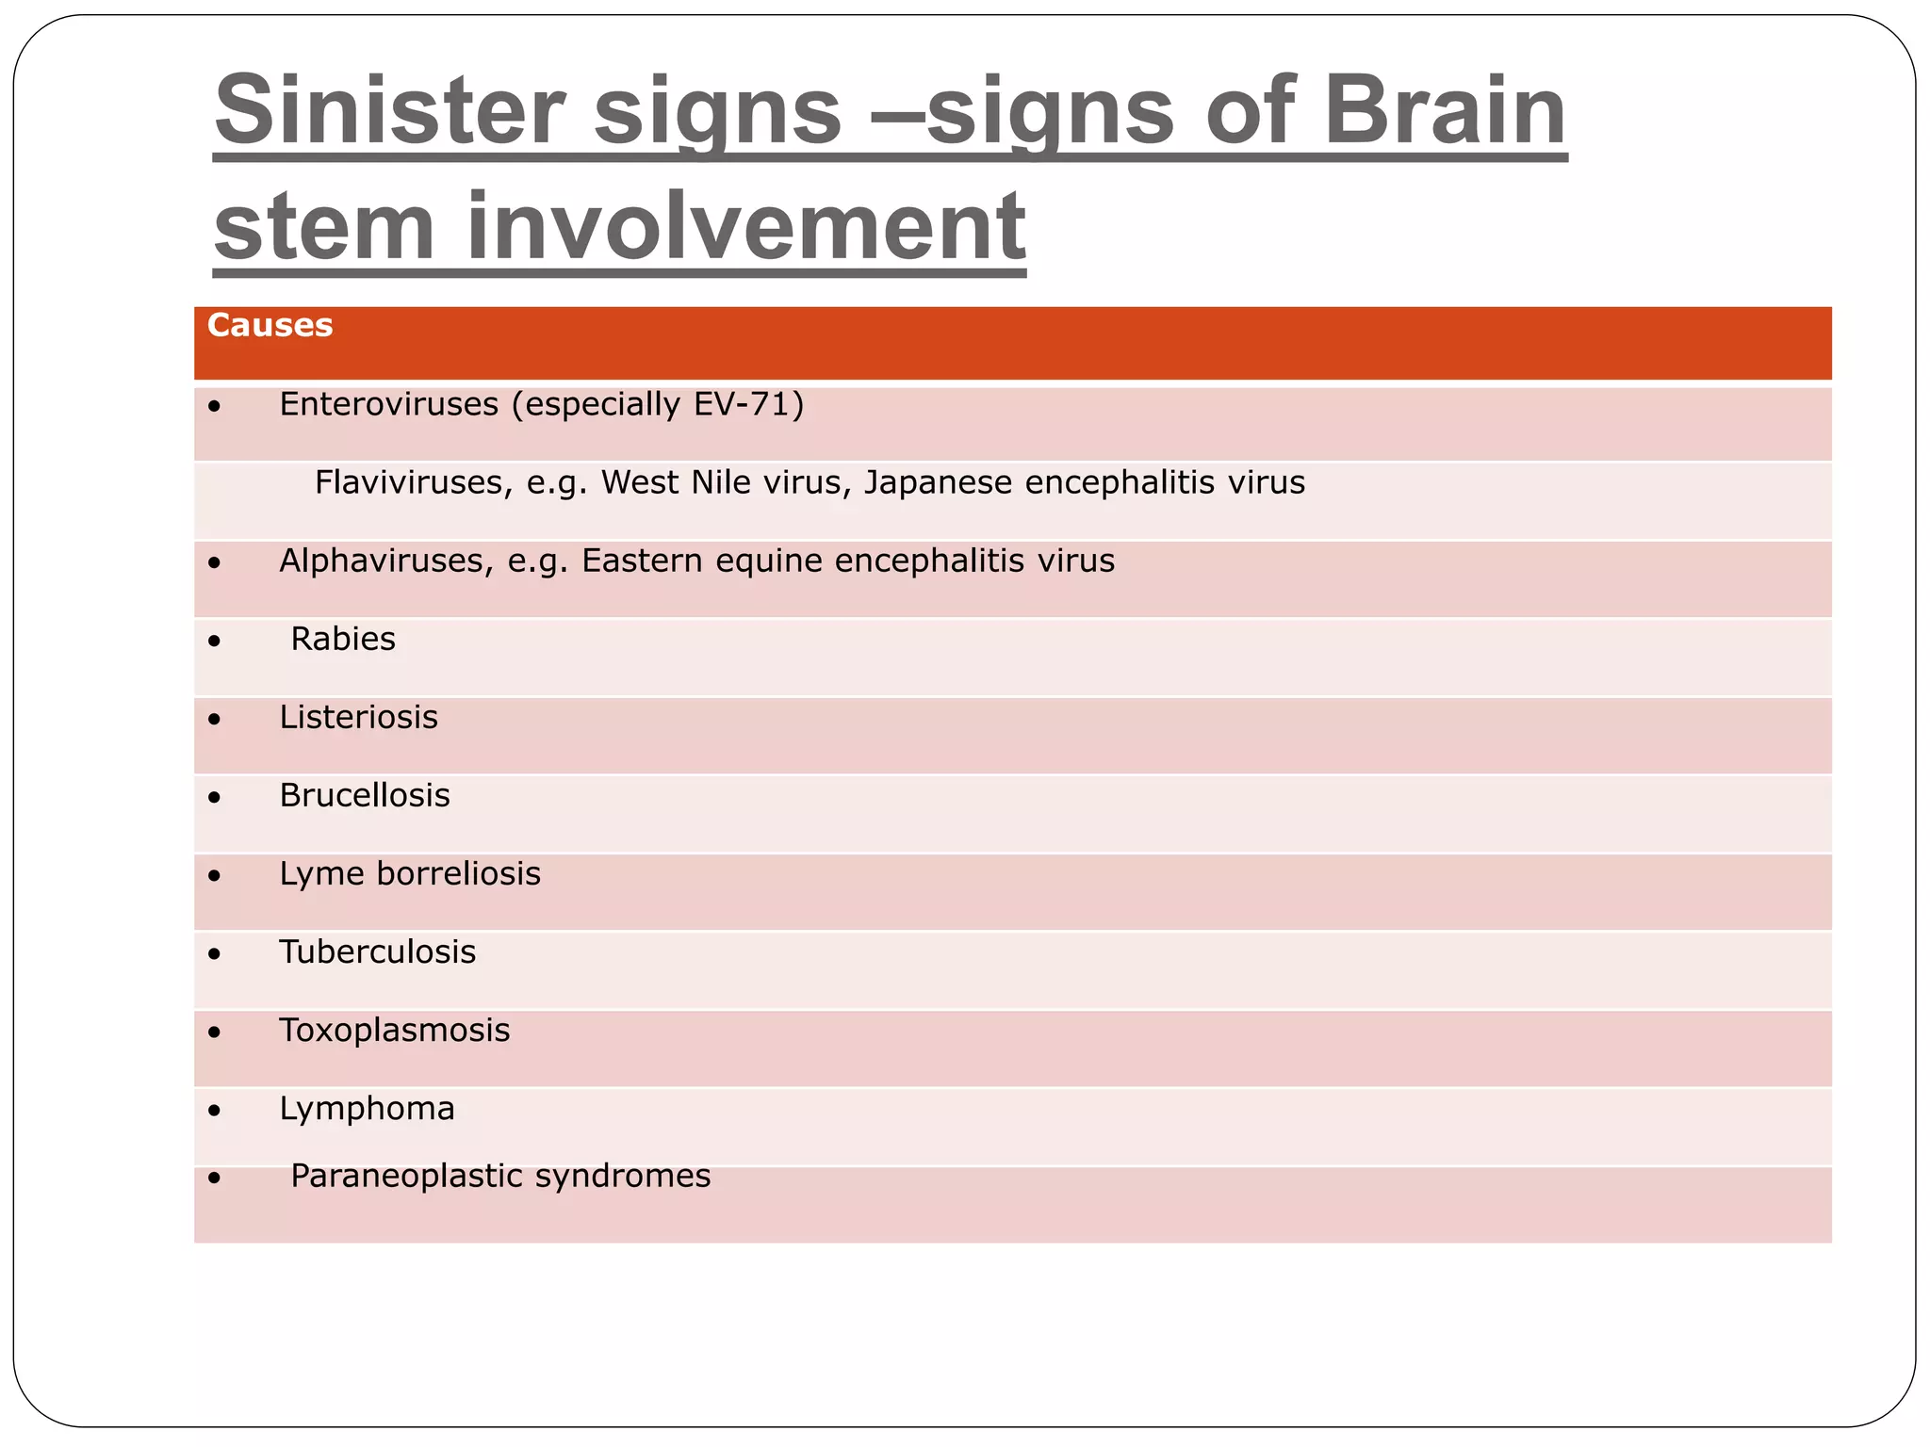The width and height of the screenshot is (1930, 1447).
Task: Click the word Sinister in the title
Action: click(x=387, y=111)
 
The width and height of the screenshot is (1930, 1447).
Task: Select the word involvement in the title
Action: click(x=745, y=227)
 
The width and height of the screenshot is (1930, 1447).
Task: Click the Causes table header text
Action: click(x=270, y=326)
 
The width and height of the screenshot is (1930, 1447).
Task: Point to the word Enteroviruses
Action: click(x=389, y=404)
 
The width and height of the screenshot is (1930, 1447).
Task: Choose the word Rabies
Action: click(x=343, y=639)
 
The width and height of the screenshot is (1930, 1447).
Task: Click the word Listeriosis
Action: click(x=358, y=717)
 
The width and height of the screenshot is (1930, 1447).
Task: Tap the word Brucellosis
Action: click(x=365, y=795)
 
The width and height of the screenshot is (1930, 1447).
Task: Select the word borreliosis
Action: click(x=458, y=873)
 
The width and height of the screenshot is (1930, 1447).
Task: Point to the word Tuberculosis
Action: click(x=377, y=951)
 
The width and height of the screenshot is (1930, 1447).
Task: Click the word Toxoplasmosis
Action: click(x=394, y=1030)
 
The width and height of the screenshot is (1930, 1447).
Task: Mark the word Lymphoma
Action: click(x=367, y=1109)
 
